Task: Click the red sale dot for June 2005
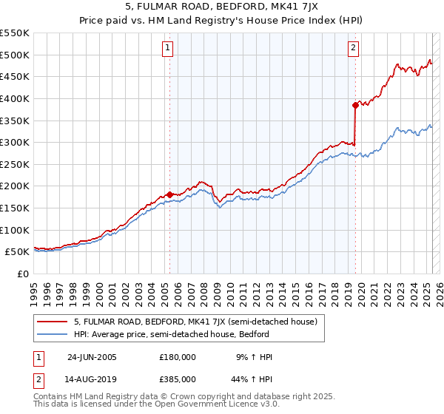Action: pos(169,195)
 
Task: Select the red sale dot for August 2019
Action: pos(355,105)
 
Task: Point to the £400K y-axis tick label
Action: pos(15,98)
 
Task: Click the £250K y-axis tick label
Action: pos(15,164)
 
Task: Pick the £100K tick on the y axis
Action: pos(15,230)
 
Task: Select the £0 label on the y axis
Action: pos(22,274)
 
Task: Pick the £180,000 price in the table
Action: pos(178,357)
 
